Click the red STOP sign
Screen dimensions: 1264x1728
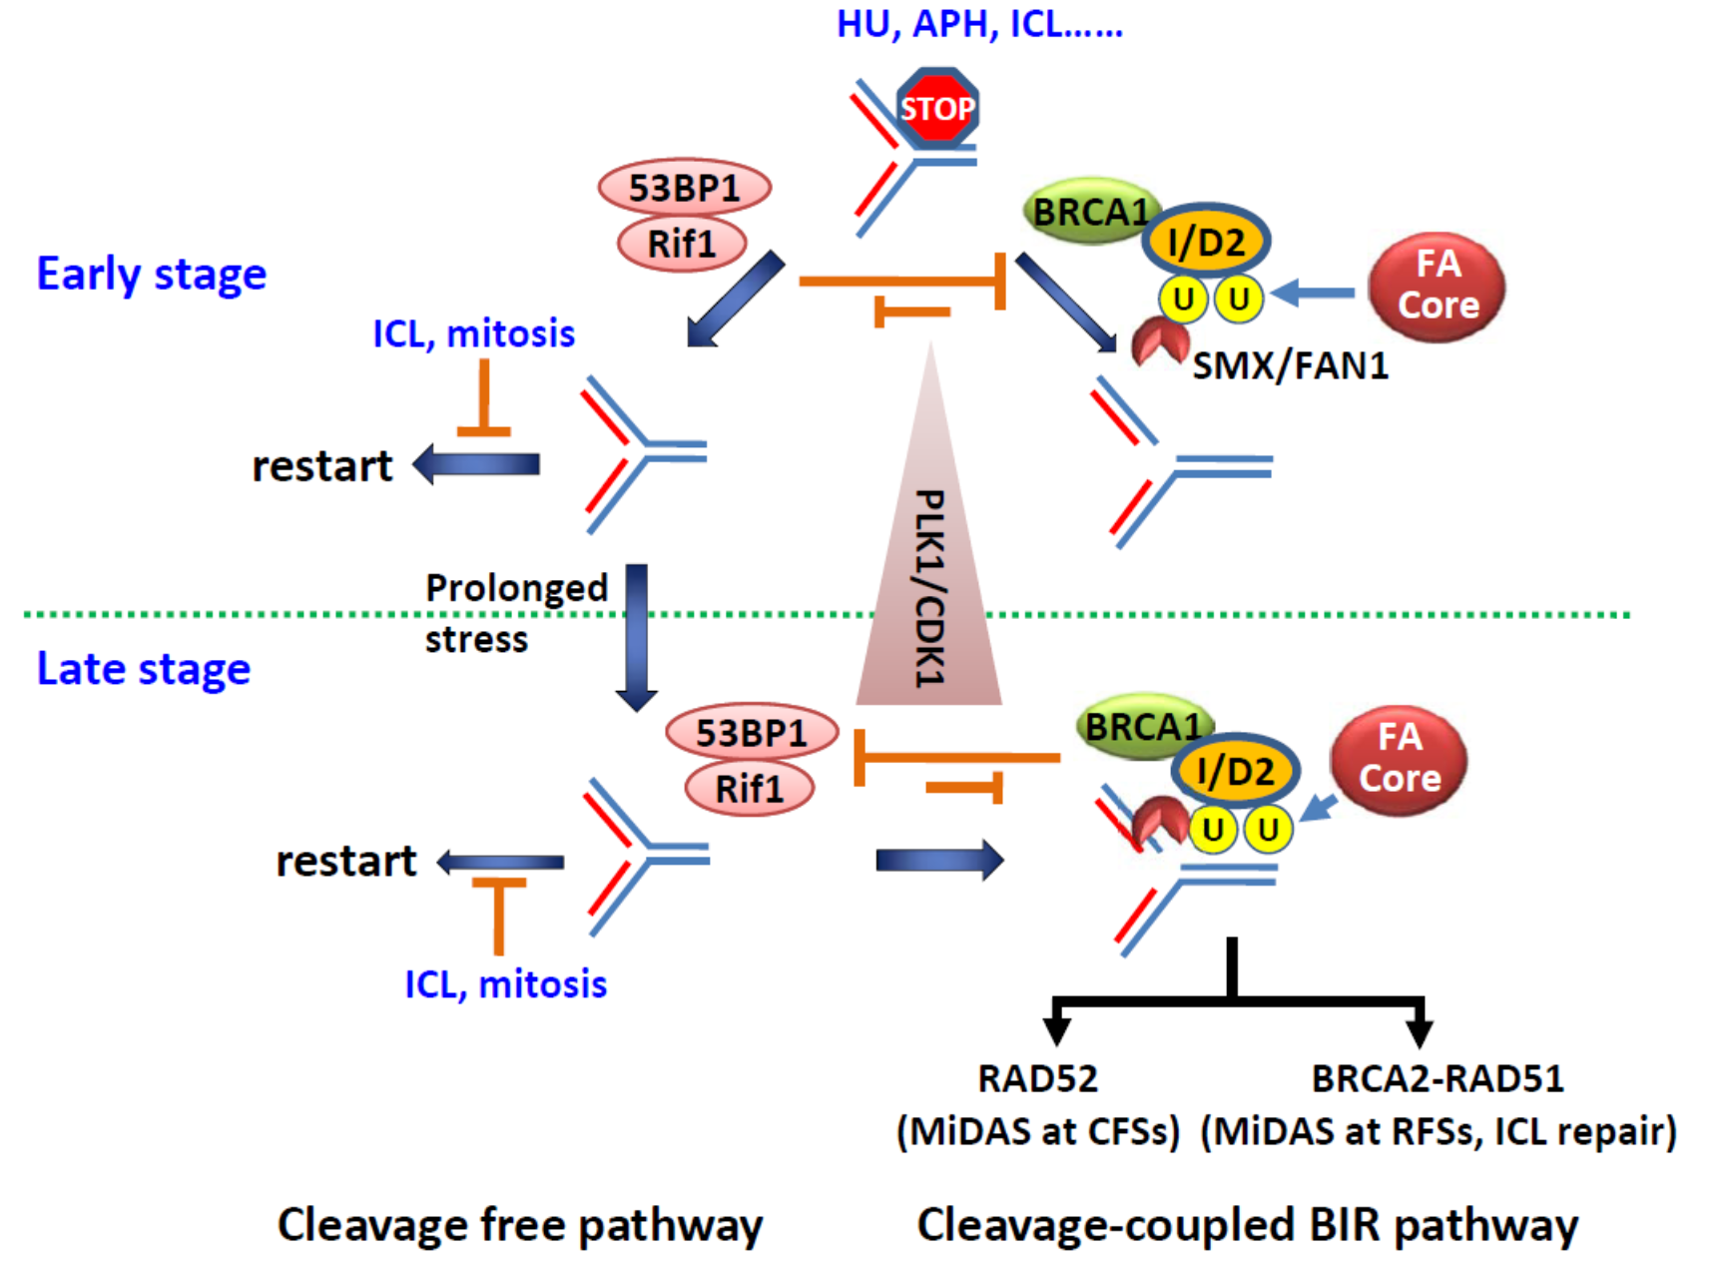point(936,108)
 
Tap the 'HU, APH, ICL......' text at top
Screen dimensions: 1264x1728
point(979,24)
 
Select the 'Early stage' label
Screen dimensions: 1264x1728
point(152,275)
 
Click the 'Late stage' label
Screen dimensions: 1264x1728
point(144,669)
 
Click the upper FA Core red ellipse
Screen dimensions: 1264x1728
point(1438,286)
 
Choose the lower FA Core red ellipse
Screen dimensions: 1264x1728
point(1400,759)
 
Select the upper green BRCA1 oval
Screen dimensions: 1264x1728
point(1090,212)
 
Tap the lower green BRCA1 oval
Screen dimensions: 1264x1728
point(1142,727)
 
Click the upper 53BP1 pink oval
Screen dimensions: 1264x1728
point(685,188)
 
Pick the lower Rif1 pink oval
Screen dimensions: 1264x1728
point(750,789)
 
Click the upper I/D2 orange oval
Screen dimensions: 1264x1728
point(1206,242)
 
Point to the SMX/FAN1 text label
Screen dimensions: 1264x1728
point(1291,366)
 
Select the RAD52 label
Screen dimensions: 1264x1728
point(1037,1079)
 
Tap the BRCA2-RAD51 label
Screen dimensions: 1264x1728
point(1438,1079)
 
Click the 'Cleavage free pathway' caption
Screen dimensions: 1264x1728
point(520,1225)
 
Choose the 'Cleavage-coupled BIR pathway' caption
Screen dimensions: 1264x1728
point(1248,1225)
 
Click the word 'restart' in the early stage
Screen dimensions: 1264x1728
point(321,466)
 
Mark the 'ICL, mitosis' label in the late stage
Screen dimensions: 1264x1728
point(505,984)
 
